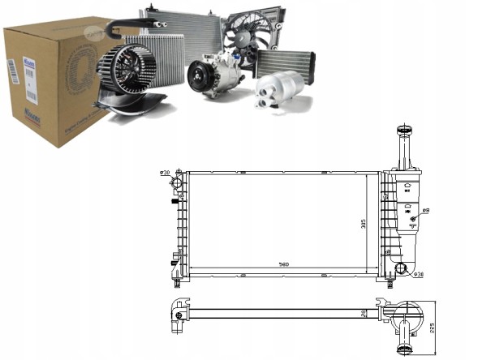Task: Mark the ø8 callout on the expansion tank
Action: (x=424, y=211)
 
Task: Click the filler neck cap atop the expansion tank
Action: (x=403, y=131)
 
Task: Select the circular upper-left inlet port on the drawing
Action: (x=178, y=175)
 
